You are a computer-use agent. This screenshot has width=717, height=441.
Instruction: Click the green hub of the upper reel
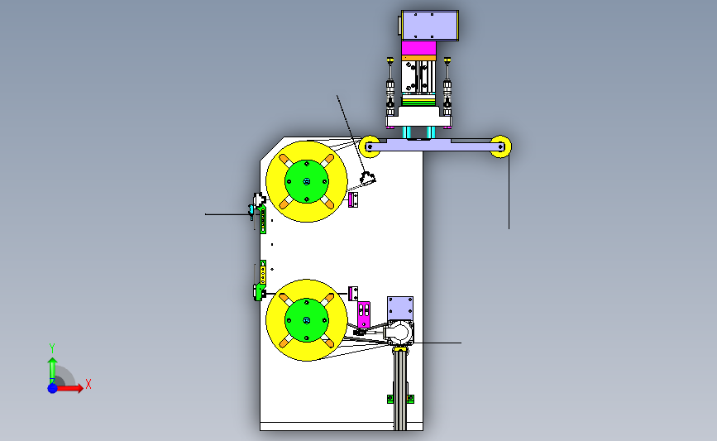[306, 182]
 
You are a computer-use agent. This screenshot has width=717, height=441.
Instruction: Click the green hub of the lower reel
[306, 320]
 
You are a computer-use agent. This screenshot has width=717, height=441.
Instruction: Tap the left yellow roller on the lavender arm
[370, 146]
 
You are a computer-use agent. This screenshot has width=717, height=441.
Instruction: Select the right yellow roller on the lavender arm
[500, 146]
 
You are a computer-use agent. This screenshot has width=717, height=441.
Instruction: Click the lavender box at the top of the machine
[430, 26]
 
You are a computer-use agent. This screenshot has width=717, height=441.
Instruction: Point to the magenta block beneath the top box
[418, 48]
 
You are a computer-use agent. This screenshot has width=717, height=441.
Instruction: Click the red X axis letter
[88, 384]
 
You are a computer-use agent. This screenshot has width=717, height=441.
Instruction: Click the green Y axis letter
[52, 348]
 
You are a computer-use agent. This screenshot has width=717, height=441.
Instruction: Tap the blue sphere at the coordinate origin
[53, 388]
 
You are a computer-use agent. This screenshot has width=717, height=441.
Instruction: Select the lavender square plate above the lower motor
[400, 309]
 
